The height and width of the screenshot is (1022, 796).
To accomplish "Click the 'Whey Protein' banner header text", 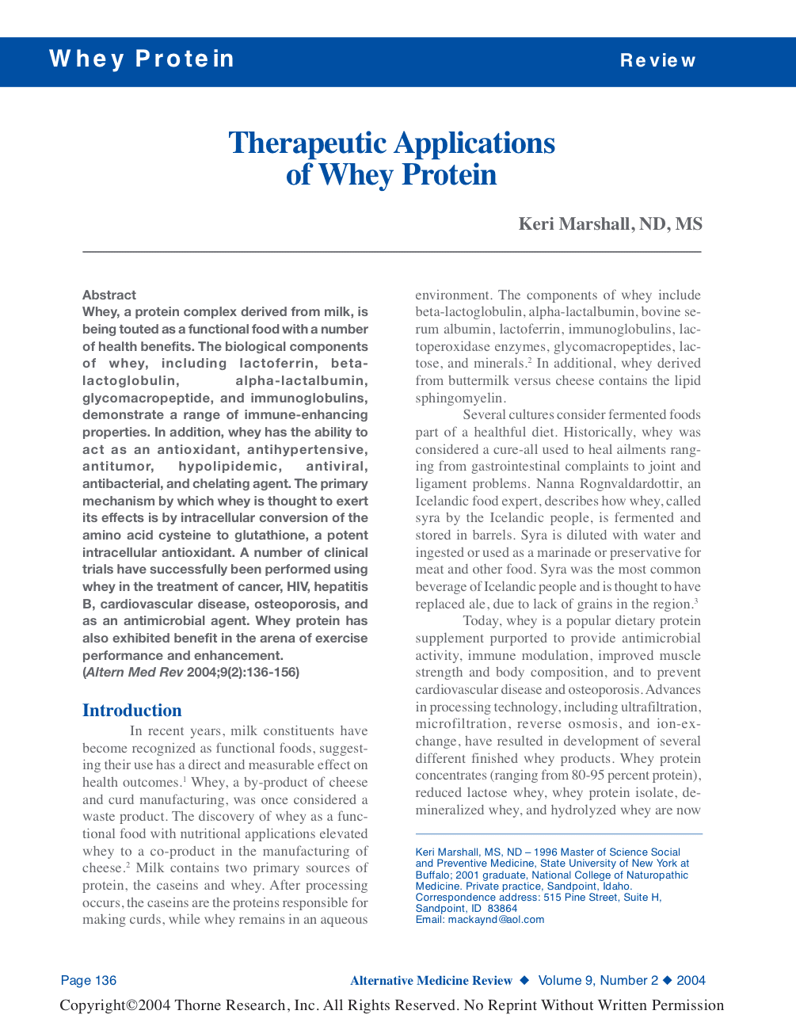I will tap(142, 59).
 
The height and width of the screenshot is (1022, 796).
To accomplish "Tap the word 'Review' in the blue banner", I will tap(657, 61).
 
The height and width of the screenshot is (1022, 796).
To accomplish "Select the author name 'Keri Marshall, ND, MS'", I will tap(610, 224).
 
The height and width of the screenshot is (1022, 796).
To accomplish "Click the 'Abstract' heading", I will tap(109, 295).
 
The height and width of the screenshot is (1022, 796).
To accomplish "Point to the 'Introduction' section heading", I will tap(132, 711).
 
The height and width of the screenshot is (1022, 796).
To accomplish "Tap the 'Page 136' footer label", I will tap(89, 981).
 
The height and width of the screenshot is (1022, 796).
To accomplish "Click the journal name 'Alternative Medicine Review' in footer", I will tap(432, 981).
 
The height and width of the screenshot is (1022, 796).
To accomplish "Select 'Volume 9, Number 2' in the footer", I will tap(598, 981).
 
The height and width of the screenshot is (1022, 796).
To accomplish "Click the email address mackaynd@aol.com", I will tap(496, 920).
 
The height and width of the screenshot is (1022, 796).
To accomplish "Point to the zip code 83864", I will tap(503, 909).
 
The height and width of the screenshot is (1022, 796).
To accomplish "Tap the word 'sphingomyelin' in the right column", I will tap(459, 398).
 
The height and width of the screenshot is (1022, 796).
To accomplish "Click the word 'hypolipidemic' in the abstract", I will tap(229, 467).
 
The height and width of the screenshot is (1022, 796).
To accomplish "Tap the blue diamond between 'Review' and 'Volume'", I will tap(524, 981).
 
